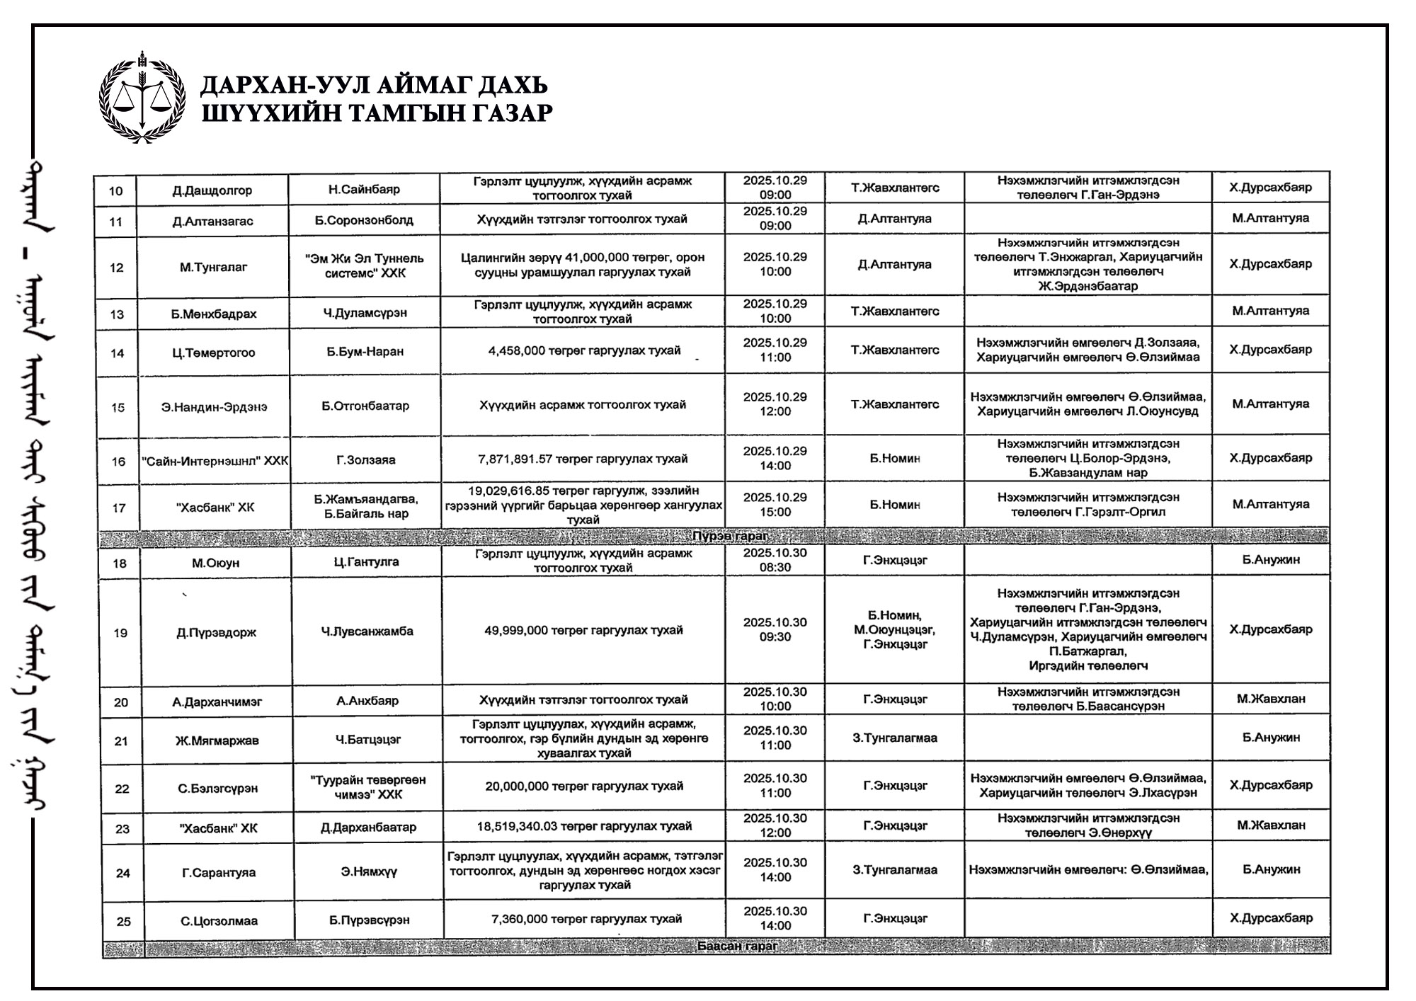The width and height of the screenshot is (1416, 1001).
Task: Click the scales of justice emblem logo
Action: pos(142,97)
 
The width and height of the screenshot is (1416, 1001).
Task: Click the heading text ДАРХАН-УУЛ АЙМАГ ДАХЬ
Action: pos(374,86)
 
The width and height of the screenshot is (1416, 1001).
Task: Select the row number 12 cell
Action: pos(116,268)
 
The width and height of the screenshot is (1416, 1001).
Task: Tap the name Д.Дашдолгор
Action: pos(212,190)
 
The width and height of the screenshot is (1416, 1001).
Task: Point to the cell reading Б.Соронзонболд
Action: pos(364,220)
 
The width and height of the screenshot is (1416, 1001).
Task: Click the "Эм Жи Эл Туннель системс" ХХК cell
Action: pos(365,265)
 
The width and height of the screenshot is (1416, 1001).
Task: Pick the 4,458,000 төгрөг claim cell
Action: pos(583,350)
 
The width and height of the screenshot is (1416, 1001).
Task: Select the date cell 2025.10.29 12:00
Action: pos(775,404)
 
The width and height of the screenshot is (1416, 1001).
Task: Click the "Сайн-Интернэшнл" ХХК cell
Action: pos(215,461)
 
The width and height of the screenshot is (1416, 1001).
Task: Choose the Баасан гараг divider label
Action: pos(737,946)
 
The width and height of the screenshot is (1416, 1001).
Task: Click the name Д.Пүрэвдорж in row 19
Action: pos(216,632)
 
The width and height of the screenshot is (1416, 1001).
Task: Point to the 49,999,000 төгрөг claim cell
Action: pos(583,630)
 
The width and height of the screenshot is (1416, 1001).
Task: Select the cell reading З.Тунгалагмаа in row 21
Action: pos(895,738)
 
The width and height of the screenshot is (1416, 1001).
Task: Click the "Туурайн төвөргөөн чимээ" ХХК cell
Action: pos(368,787)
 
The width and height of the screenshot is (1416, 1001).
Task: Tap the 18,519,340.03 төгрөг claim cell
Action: pos(584,826)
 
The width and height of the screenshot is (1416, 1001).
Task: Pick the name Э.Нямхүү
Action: pos(369,871)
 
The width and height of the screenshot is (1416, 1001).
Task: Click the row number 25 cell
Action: pos(123,921)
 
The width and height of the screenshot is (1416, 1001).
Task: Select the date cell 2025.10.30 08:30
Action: pos(775,559)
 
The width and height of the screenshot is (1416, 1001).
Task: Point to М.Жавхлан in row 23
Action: pos(1271,825)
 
